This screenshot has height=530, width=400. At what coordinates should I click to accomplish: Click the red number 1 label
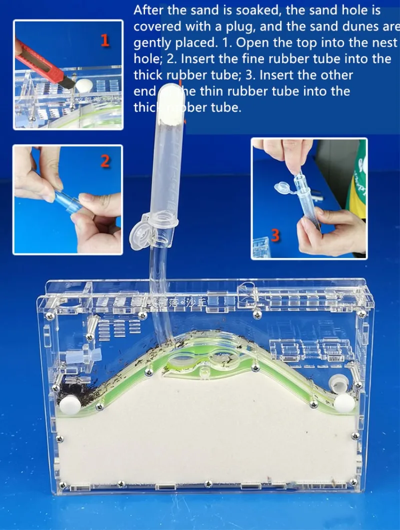(x=105, y=40)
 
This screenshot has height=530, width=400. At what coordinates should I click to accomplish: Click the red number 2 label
(x=105, y=161)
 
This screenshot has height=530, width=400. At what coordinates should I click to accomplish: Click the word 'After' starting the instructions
(x=148, y=10)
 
